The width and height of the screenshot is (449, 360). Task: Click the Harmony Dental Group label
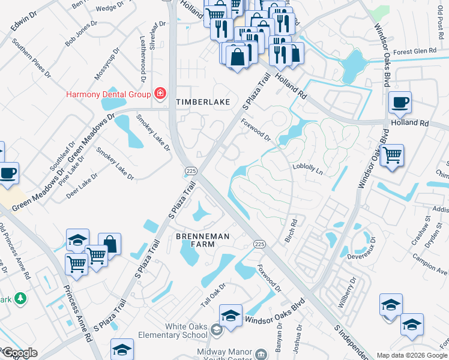coord(108,94)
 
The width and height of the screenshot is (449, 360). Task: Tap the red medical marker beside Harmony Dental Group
coord(160,94)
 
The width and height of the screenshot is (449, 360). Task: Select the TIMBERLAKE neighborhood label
coord(203,103)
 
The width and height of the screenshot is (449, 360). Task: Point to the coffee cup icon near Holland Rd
coord(400,102)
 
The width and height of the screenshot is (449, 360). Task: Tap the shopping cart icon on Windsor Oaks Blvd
coord(392,155)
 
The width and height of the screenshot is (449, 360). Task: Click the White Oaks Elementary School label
coord(170,331)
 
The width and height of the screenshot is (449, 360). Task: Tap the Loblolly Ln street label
coord(307,169)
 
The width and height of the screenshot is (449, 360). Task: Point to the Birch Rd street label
coord(293,230)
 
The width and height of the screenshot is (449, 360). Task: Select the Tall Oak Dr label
coord(212,295)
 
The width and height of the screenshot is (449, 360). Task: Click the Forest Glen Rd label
coord(415,52)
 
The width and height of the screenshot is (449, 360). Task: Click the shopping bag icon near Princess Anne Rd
coord(109,244)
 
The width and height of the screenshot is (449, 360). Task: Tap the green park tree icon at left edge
coord(20,298)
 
